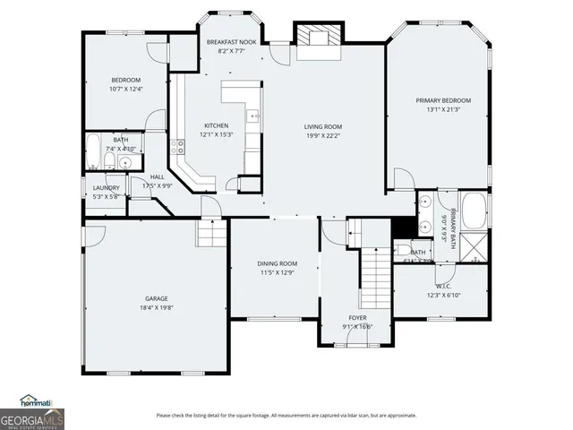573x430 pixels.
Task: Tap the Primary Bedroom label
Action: point(442,100)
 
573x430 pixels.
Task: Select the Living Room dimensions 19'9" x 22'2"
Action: point(323,135)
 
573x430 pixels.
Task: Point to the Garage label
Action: point(157,298)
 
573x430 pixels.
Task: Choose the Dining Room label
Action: point(277,263)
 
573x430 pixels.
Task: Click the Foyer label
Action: point(357,318)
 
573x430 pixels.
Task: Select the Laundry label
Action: point(106,187)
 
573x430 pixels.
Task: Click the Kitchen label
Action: point(216,125)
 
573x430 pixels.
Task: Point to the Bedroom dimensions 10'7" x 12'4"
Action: point(125,89)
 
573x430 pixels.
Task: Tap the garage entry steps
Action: point(211,236)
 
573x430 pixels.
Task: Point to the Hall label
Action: point(157,177)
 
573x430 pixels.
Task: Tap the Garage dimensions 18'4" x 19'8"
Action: point(157,307)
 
